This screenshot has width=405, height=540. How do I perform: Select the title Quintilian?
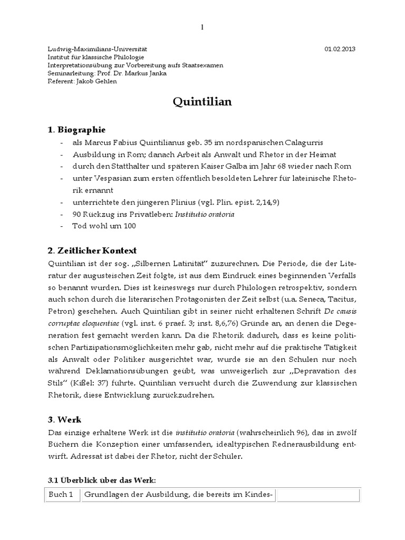pos(202,102)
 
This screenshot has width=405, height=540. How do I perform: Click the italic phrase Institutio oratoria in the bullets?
pos(206,214)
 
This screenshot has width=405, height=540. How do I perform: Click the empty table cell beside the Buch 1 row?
pos(318,494)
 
